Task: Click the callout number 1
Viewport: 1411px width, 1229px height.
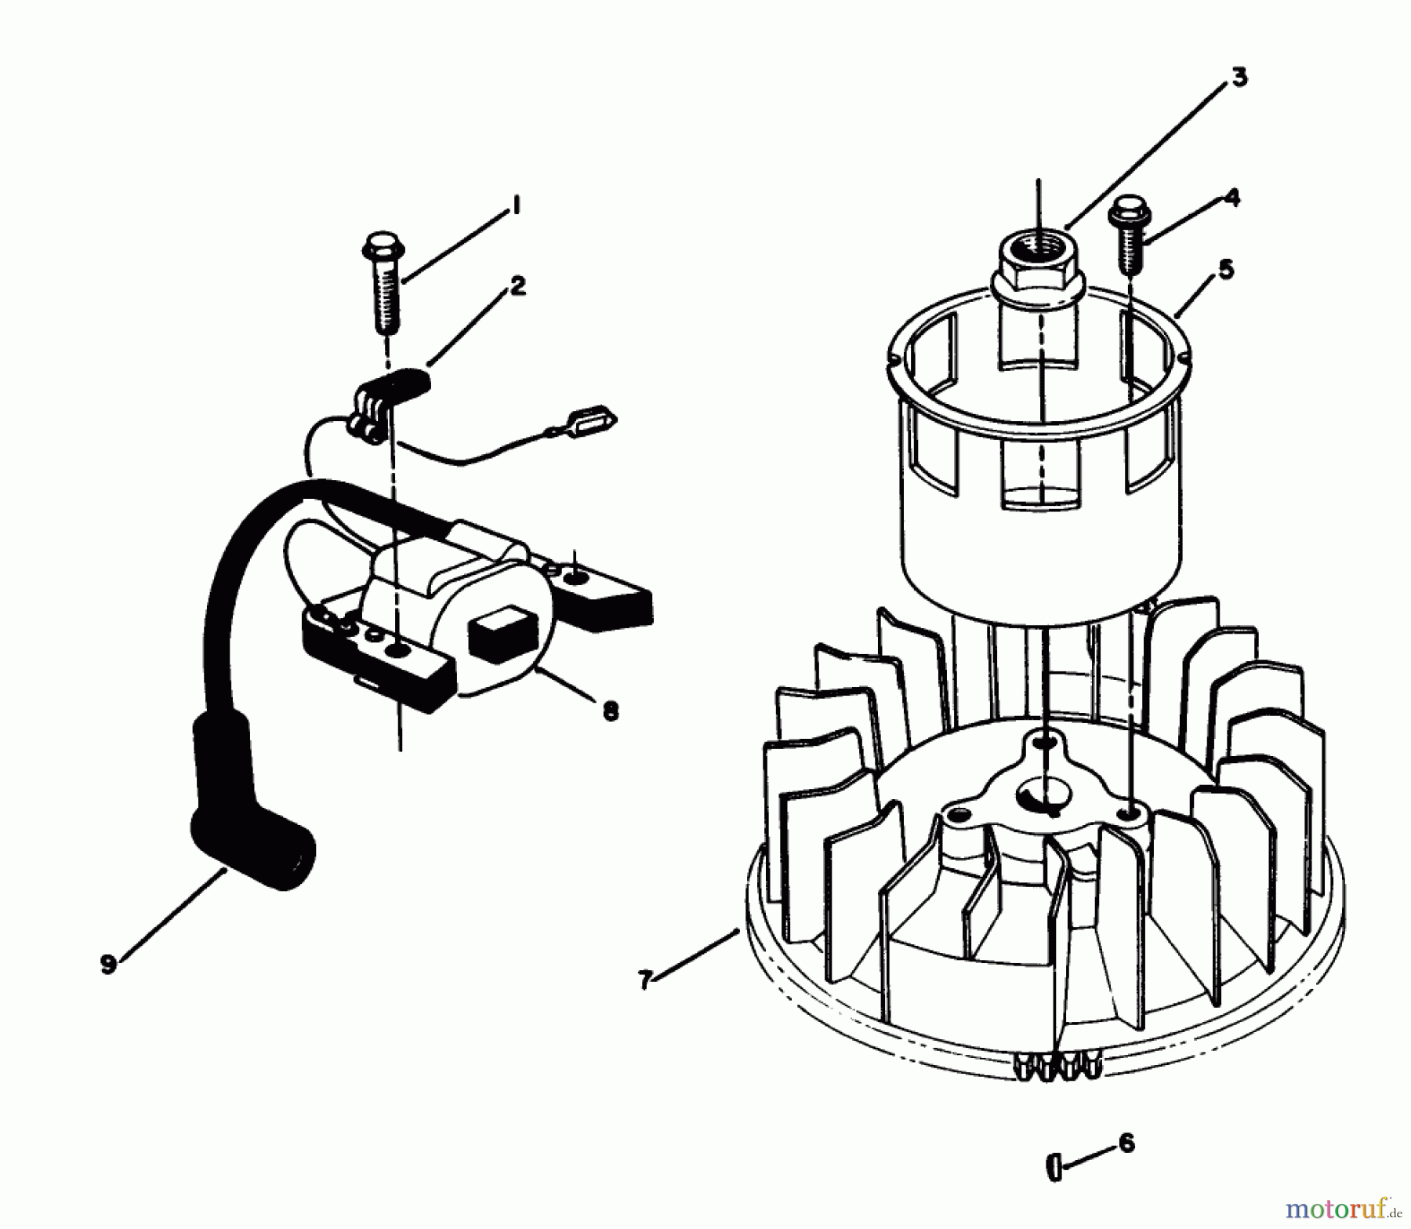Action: pyautogui.click(x=516, y=205)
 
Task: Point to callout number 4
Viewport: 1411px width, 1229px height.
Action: pyautogui.click(x=1231, y=198)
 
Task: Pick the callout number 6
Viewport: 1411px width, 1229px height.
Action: pyautogui.click(x=1126, y=1143)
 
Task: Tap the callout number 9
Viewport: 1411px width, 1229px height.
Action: pyautogui.click(x=108, y=964)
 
